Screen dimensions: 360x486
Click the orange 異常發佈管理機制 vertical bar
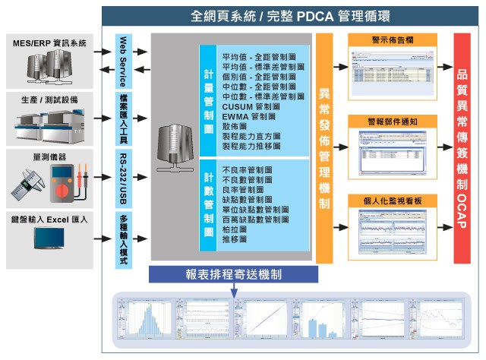point(324,149)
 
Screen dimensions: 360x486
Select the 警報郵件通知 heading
point(396,122)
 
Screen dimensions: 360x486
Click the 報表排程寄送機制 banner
point(228,275)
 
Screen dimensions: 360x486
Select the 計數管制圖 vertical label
point(208,204)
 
